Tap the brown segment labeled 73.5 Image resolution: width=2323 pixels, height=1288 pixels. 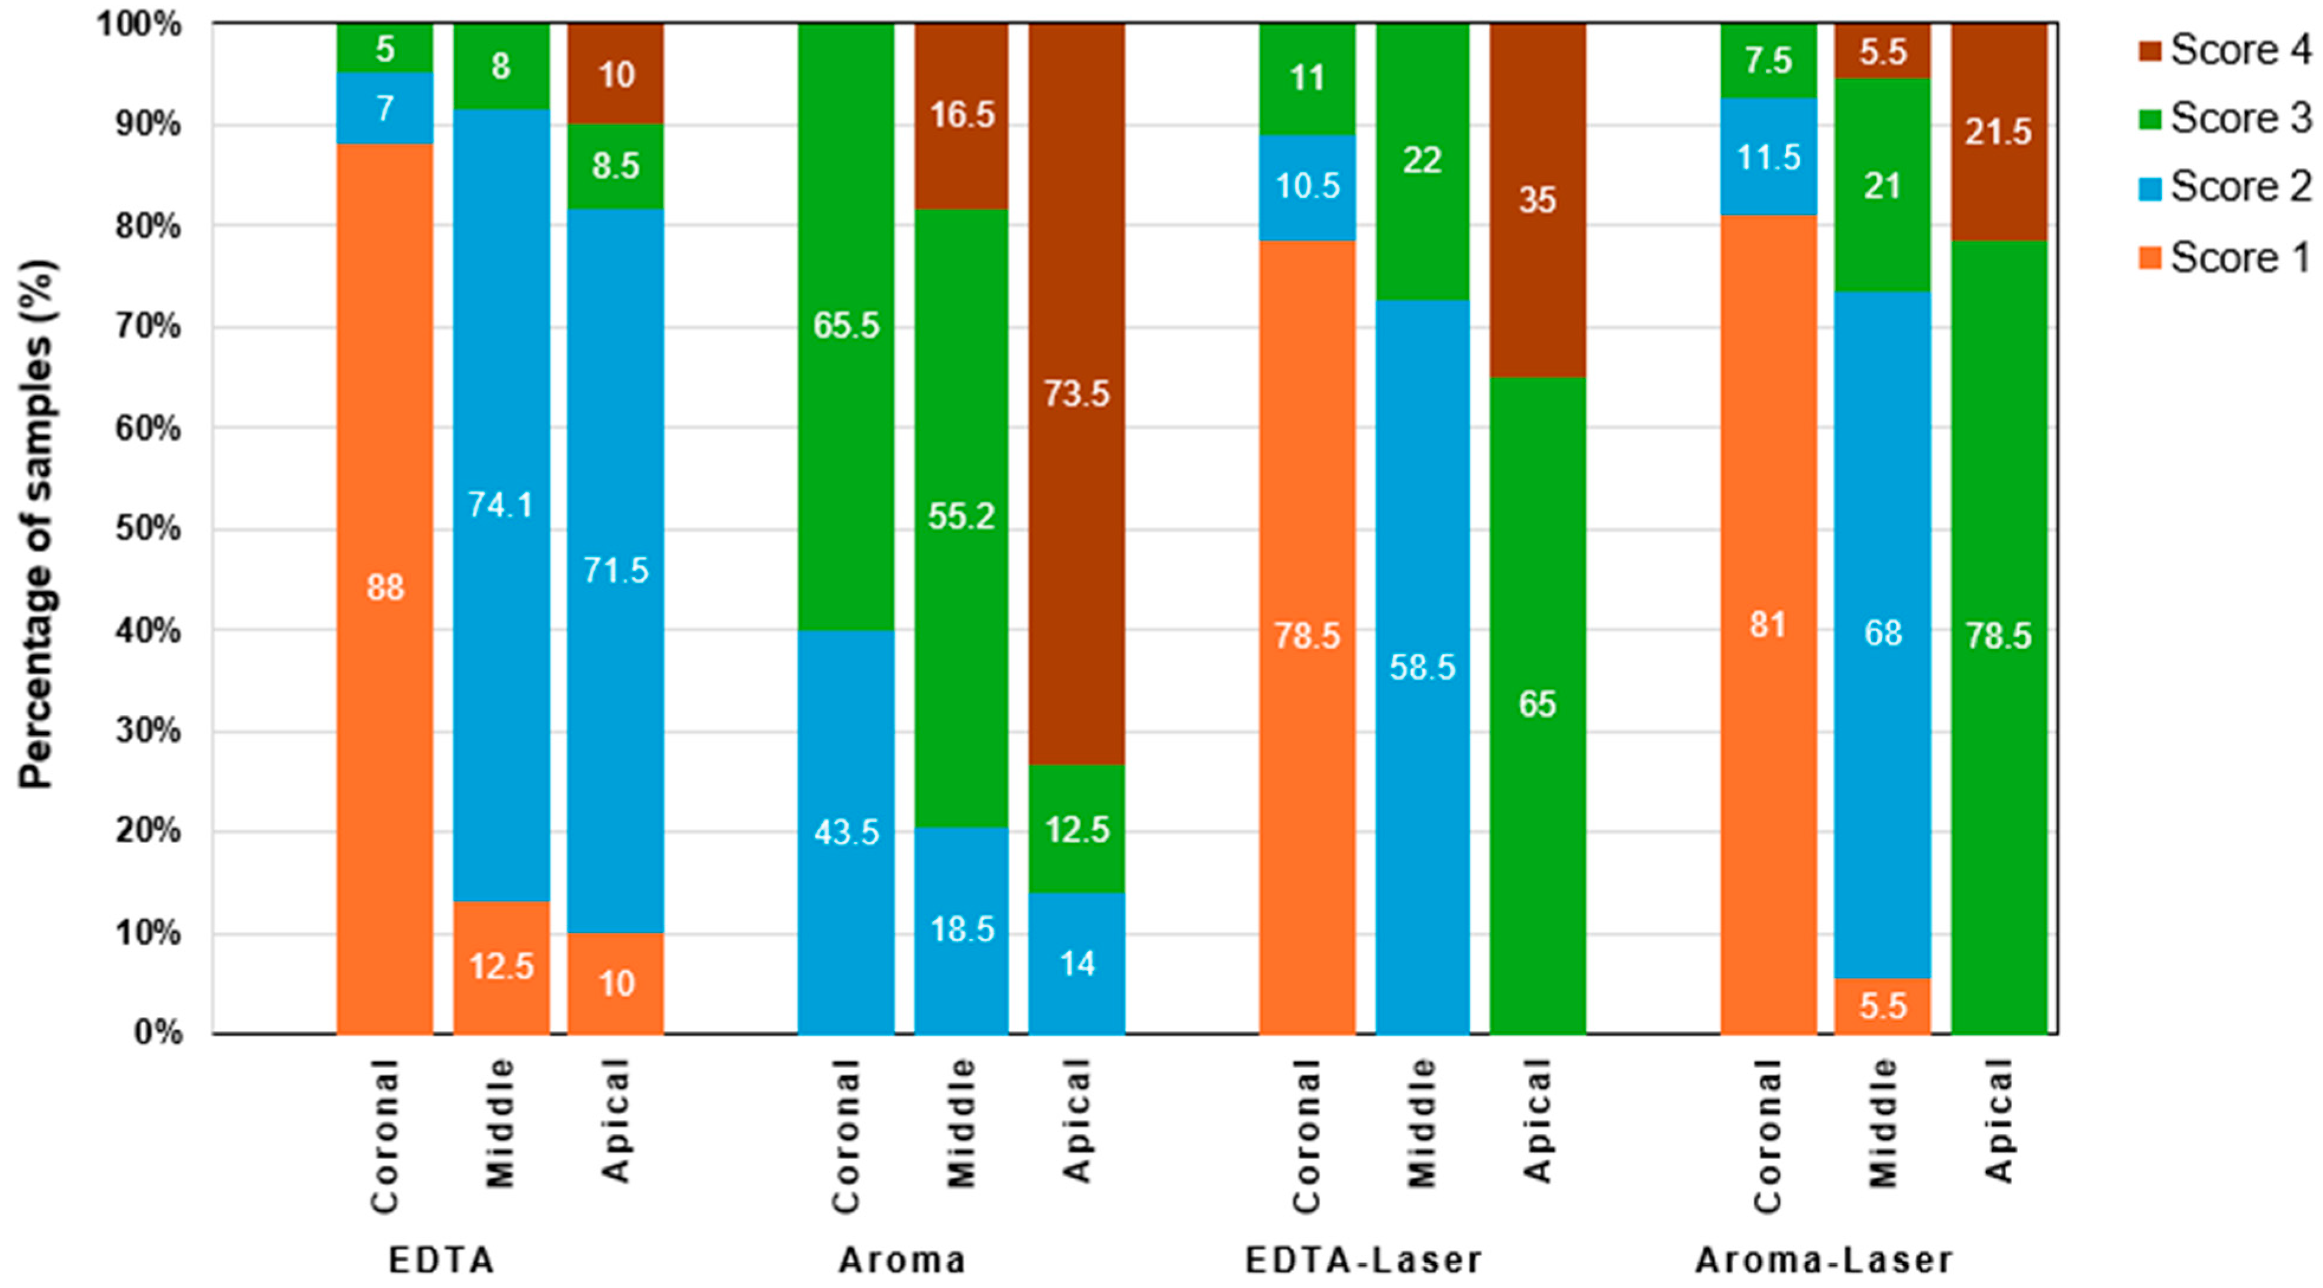click(1077, 394)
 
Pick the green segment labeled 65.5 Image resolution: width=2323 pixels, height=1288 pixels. click(846, 325)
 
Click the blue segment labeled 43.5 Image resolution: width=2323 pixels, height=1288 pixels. click(846, 832)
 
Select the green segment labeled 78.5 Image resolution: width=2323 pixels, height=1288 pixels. click(1998, 636)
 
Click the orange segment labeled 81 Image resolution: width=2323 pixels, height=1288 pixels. click(1768, 624)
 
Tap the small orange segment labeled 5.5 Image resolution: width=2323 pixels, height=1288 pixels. click(1883, 1006)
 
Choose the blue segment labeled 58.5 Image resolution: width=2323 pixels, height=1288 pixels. click(1422, 667)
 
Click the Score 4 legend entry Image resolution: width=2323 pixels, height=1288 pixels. click(2224, 50)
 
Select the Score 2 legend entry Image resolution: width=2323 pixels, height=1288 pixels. click(2224, 188)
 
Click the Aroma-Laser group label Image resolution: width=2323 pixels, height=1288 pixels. click(1823, 1260)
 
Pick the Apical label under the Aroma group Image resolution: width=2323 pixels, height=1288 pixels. click(1077, 1120)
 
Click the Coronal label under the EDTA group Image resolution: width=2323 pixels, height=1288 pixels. click(385, 1135)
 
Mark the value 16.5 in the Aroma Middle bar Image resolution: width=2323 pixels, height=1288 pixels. click(962, 115)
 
